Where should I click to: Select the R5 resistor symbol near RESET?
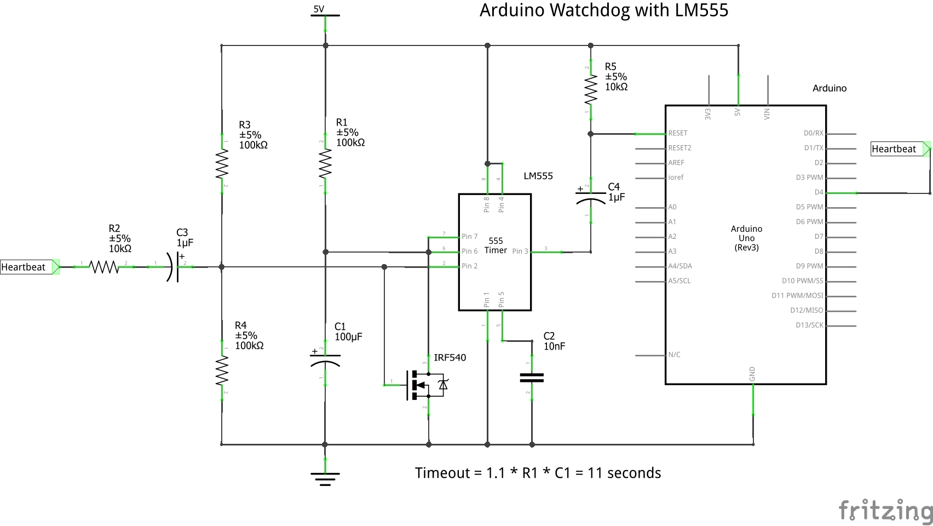(x=590, y=90)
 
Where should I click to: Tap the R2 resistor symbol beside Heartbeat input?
(x=104, y=267)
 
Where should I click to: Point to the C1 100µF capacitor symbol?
(x=325, y=359)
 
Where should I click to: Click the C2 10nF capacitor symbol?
(x=532, y=378)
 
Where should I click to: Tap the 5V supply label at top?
(x=319, y=9)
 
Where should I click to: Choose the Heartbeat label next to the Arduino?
(x=894, y=149)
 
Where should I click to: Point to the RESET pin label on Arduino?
(x=678, y=133)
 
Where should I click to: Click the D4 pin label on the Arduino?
(x=819, y=192)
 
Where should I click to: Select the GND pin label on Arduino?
(x=752, y=374)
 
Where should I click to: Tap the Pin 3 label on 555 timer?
(x=520, y=251)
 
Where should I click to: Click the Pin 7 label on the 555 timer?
(x=469, y=237)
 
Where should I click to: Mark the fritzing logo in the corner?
(x=885, y=510)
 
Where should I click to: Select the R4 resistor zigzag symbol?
(x=222, y=371)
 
